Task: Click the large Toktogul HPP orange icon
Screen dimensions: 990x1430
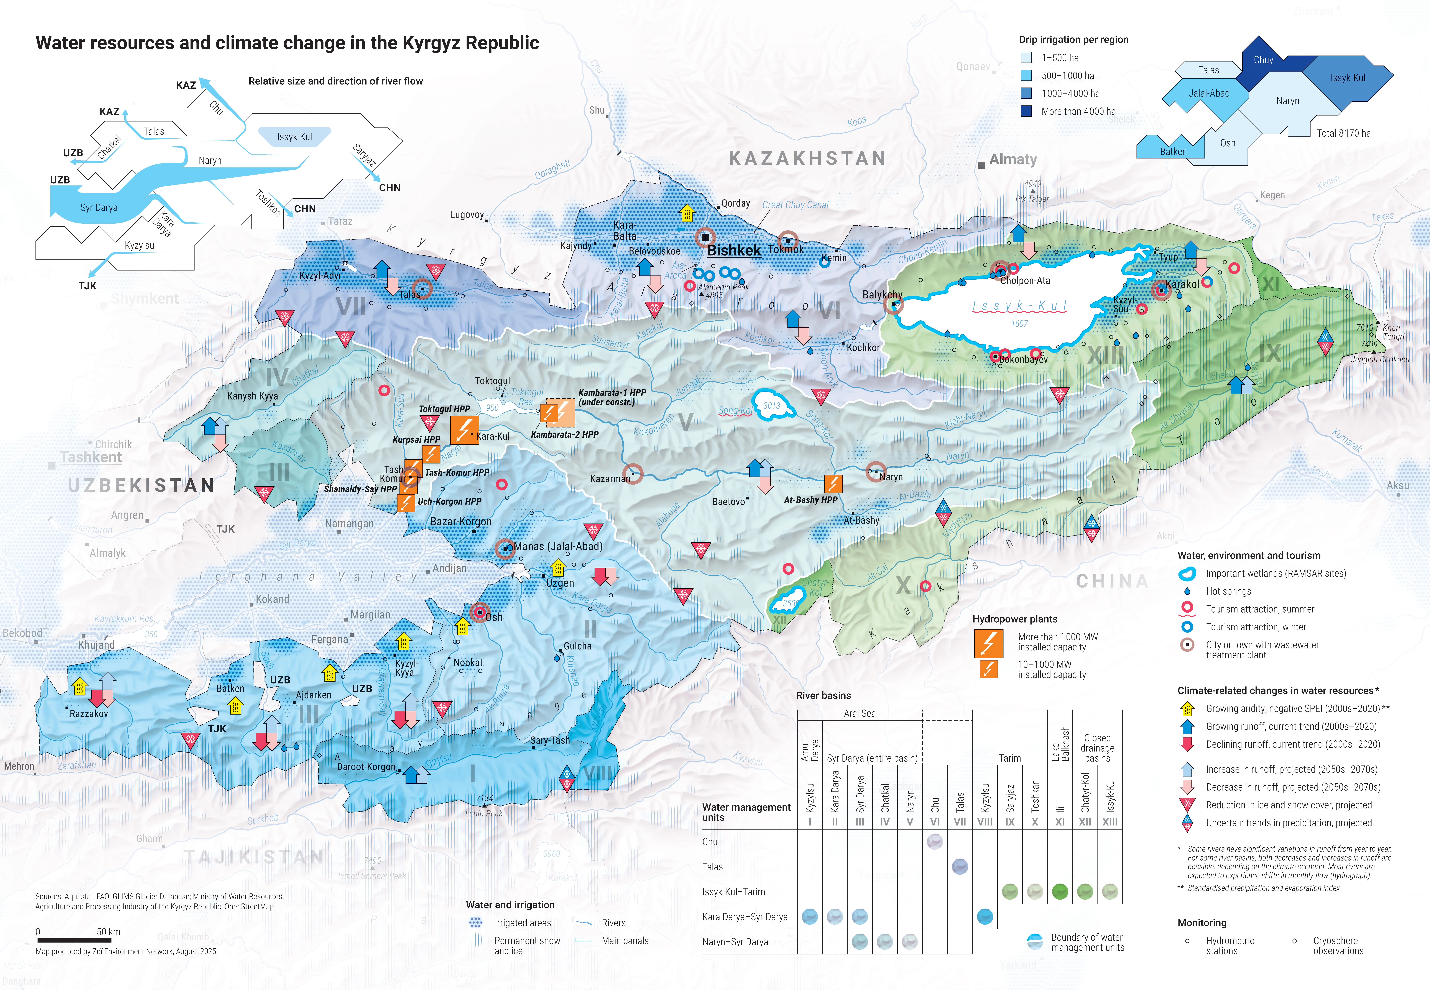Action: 464,429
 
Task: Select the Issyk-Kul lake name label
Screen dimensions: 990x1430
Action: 1019,306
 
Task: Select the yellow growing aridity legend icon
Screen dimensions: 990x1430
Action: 1187,708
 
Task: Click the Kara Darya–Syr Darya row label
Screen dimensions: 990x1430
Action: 745,917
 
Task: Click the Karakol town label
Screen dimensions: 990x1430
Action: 1182,284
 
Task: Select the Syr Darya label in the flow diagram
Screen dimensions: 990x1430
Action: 99,208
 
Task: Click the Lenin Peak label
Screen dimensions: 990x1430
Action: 484,813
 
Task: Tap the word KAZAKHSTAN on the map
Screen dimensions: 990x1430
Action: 807,159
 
